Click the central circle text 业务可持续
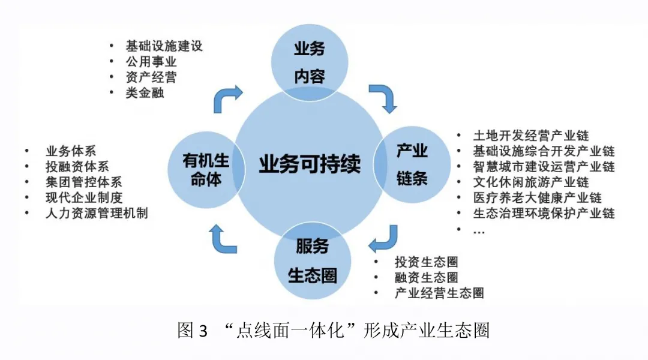tap(309, 163)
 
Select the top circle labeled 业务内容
tap(309, 62)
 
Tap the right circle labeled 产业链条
tap(412, 163)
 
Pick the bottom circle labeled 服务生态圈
tap(312, 260)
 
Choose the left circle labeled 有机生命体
tap(206, 169)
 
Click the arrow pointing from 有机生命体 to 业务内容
tap(227, 97)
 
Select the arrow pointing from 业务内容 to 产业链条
tap(384, 97)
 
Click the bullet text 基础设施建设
tap(163, 46)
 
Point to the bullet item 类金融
tap(144, 93)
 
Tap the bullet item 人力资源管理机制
tap(96, 213)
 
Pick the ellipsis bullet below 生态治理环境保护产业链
tap(479, 230)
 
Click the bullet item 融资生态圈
tap(426, 277)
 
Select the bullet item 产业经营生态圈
tap(439, 293)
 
